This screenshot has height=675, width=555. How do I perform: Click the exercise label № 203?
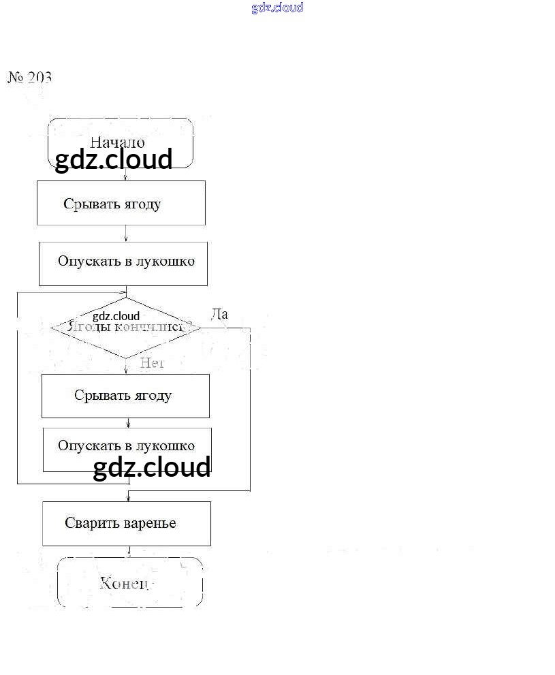click(30, 77)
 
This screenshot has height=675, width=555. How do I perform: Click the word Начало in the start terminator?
click(117, 142)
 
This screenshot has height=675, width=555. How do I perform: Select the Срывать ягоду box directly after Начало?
click(121, 203)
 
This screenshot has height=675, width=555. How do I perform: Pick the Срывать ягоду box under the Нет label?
click(125, 395)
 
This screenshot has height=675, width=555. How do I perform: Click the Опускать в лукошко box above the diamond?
click(123, 262)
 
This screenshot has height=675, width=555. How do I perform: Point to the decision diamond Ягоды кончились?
click(126, 328)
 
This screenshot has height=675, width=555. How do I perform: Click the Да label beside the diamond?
click(219, 314)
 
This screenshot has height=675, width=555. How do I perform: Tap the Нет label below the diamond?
click(152, 363)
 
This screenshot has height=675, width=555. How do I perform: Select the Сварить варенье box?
click(127, 523)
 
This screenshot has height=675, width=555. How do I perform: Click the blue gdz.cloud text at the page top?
click(277, 8)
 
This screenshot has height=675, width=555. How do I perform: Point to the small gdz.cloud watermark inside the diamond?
click(116, 316)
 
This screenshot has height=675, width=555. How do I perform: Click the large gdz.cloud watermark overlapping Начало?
click(114, 159)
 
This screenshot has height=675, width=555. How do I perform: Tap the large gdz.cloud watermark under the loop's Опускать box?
click(152, 468)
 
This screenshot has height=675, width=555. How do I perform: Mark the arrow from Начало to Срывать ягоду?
click(125, 174)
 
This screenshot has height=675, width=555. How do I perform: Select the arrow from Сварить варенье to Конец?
click(129, 552)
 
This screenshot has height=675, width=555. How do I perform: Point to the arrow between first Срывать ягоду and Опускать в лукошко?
click(126, 234)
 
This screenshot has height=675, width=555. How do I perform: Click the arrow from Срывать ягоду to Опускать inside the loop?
click(128, 423)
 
